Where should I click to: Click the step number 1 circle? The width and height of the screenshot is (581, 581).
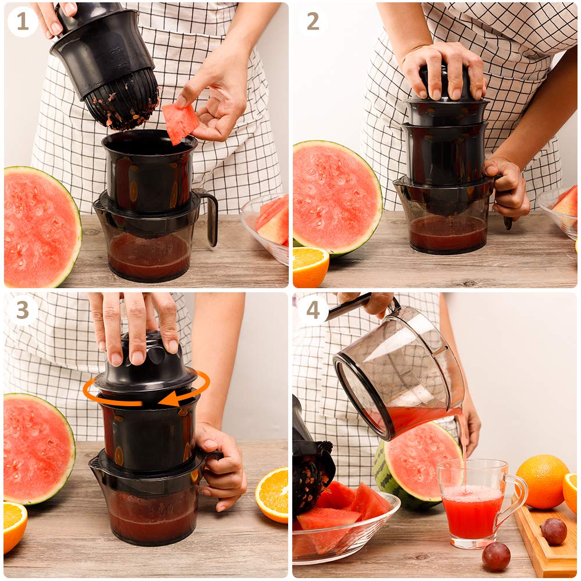point(23,21)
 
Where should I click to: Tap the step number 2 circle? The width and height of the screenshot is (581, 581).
point(313,21)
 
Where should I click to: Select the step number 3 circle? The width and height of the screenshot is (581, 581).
point(23,310)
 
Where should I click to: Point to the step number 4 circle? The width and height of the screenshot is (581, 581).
point(313,310)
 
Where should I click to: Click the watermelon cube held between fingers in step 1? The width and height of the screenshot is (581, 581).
point(180,122)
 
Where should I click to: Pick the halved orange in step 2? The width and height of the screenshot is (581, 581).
point(309,267)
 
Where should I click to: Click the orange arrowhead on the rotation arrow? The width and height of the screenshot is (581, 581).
point(168,399)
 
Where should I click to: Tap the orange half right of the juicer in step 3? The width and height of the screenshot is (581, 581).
point(272,494)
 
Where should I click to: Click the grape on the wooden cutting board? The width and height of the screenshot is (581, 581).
point(554,530)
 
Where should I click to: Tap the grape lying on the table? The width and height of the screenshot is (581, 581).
point(496,556)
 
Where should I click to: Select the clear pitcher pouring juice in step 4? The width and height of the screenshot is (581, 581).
point(401,372)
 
